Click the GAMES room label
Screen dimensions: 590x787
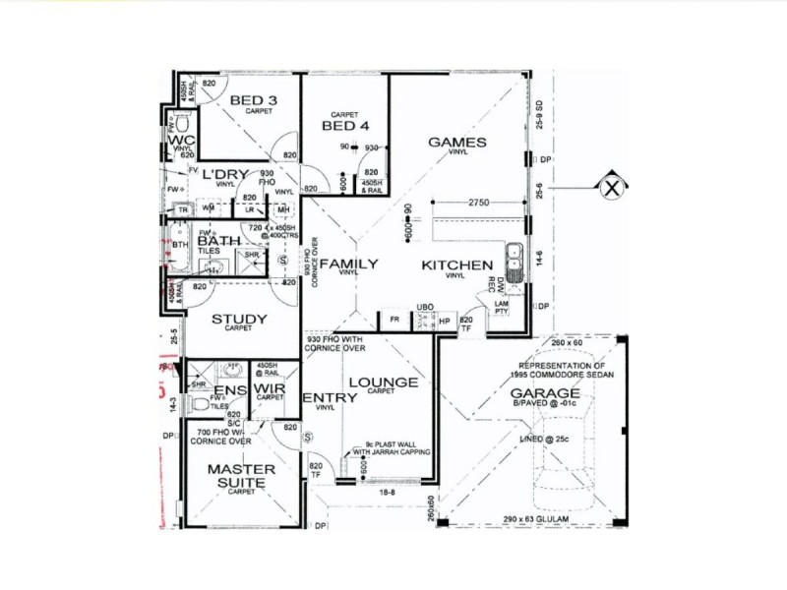coord(456,143)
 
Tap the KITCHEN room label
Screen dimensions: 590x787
coord(456,265)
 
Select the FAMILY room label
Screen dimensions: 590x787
coord(349,264)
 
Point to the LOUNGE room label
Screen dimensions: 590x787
coord(383,382)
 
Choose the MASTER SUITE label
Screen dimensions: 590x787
coord(241,476)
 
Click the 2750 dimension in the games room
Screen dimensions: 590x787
coord(479,202)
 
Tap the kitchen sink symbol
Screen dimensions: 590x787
coord(514,258)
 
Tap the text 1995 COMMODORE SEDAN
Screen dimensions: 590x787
coord(557,375)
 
